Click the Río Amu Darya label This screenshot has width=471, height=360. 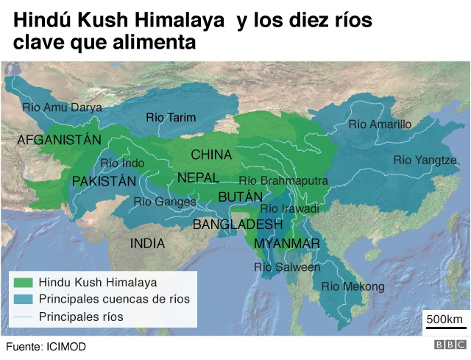pyautogui.click(x=62, y=107)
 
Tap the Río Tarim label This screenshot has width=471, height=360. pyautogui.click(x=171, y=117)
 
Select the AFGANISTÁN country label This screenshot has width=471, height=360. pyautogui.click(x=58, y=139)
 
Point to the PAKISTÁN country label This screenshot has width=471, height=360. pyautogui.click(x=104, y=181)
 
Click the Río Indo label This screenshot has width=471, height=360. pyautogui.click(x=122, y=163)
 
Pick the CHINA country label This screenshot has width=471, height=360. pyautogui.click(x=211, y=155)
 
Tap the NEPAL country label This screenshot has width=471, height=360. pyautogui.click(x=198, y=178)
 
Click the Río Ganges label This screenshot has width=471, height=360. pyautogui.click(x=165, y=202)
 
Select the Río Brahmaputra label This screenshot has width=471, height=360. pyautogui.click(x=283, y=180)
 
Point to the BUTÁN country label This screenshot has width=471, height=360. pyautogui.click(x=240, y=197)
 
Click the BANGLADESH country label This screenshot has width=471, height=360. pyautogui.click(x=238, y=225)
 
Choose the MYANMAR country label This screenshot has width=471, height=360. pyautogui.click(x=286, y=244)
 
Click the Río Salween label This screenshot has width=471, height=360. pyautogui.click(x=287, y=267)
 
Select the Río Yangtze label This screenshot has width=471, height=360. pyautogui.click(x=425, y=160)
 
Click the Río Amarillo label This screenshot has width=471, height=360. pyautogui.click(x=380, y=124)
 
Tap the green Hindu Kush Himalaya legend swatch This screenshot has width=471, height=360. pyautogui.click(x=24, y=282)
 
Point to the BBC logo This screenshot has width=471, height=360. pyautogui.click(x=450, y=345)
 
